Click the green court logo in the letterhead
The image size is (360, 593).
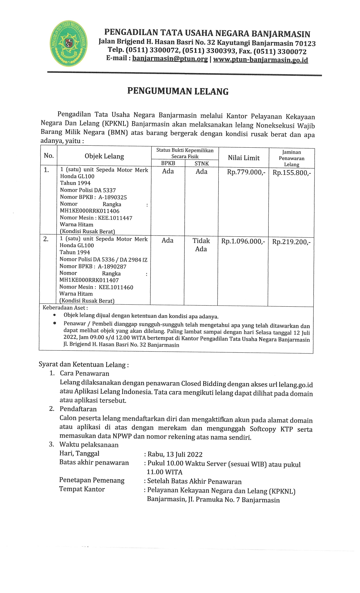point(69,43)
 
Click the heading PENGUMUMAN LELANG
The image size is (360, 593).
point(178,91)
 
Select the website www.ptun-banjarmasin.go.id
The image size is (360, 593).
point(260,60)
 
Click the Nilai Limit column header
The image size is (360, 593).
point(244,158)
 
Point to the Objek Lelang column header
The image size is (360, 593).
point(104,156)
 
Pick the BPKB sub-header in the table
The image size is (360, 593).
point(168,163)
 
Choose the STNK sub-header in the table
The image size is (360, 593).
point(202,163)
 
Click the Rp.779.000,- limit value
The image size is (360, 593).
point(246,172)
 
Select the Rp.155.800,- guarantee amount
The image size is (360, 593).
point(292,173)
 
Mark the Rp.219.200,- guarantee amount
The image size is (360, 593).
point(291,242)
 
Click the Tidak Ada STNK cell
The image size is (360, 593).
point(201,245)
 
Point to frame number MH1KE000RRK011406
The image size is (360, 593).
point(90,211)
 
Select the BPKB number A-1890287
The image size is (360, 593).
point(112,267)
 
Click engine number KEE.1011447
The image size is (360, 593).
point(115,218)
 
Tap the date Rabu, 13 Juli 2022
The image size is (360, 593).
point(175,454)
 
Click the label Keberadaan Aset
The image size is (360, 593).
point(65,308)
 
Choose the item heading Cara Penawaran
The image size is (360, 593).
point(84,374)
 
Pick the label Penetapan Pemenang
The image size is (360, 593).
point(92,480)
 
